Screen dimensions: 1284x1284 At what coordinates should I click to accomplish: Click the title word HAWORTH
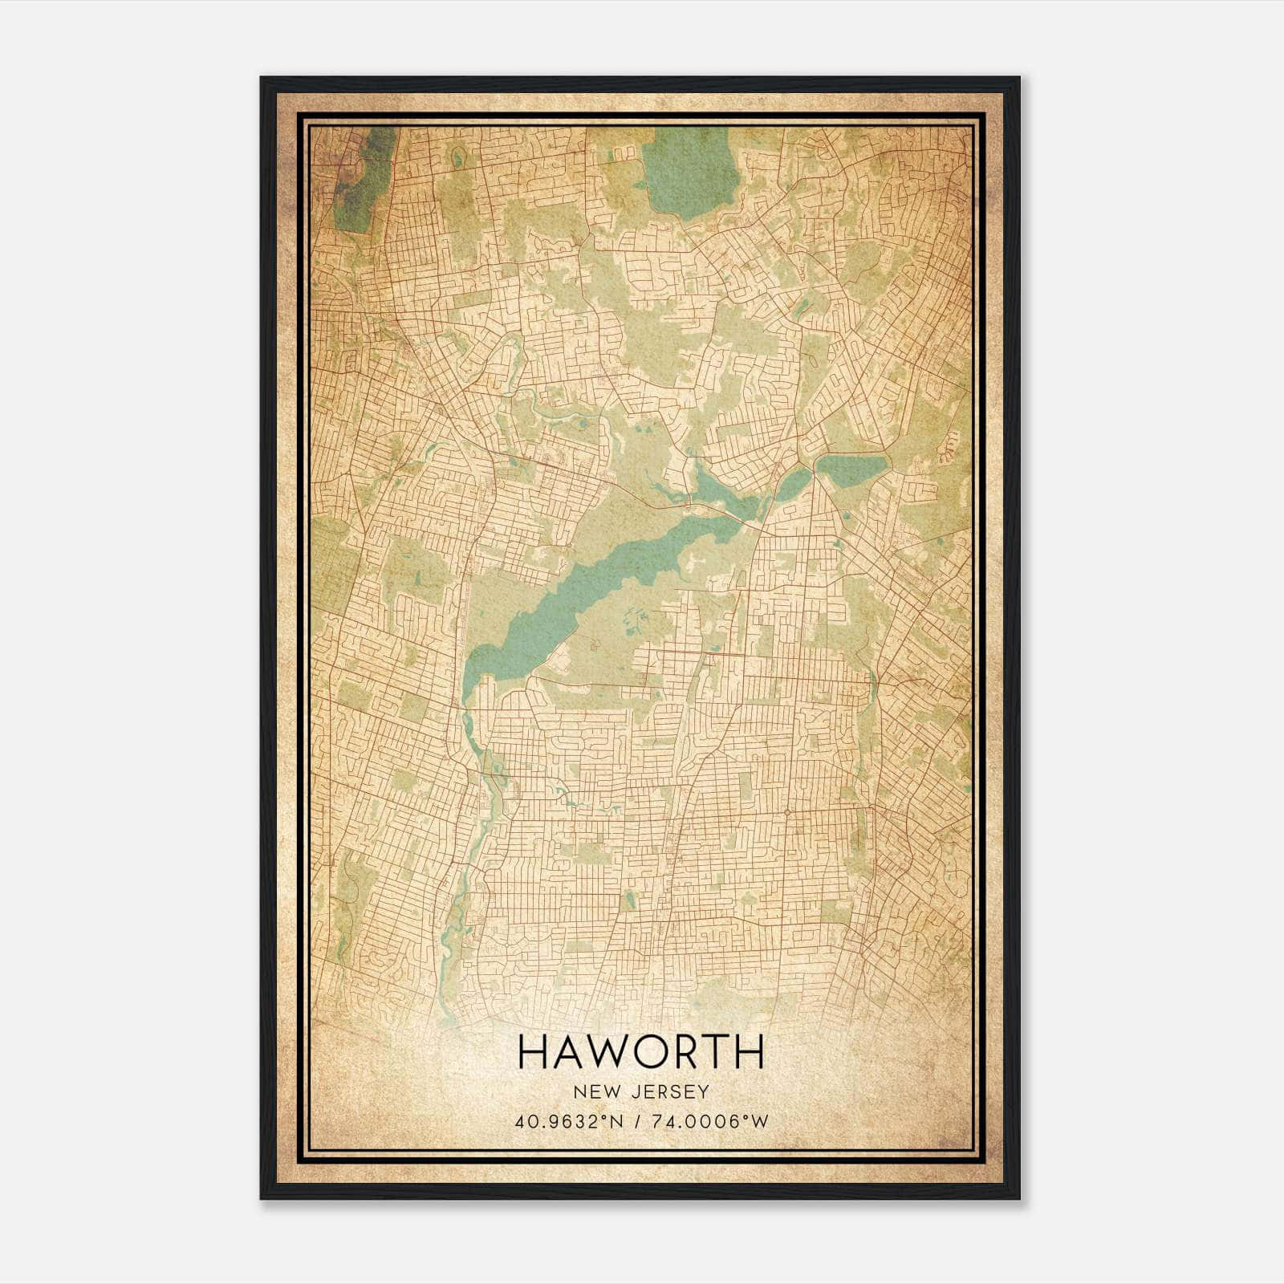[640, 1052]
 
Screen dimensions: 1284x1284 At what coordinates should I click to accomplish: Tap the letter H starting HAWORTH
[533, 1052]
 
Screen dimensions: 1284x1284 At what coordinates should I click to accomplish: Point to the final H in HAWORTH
[748, 1052]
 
